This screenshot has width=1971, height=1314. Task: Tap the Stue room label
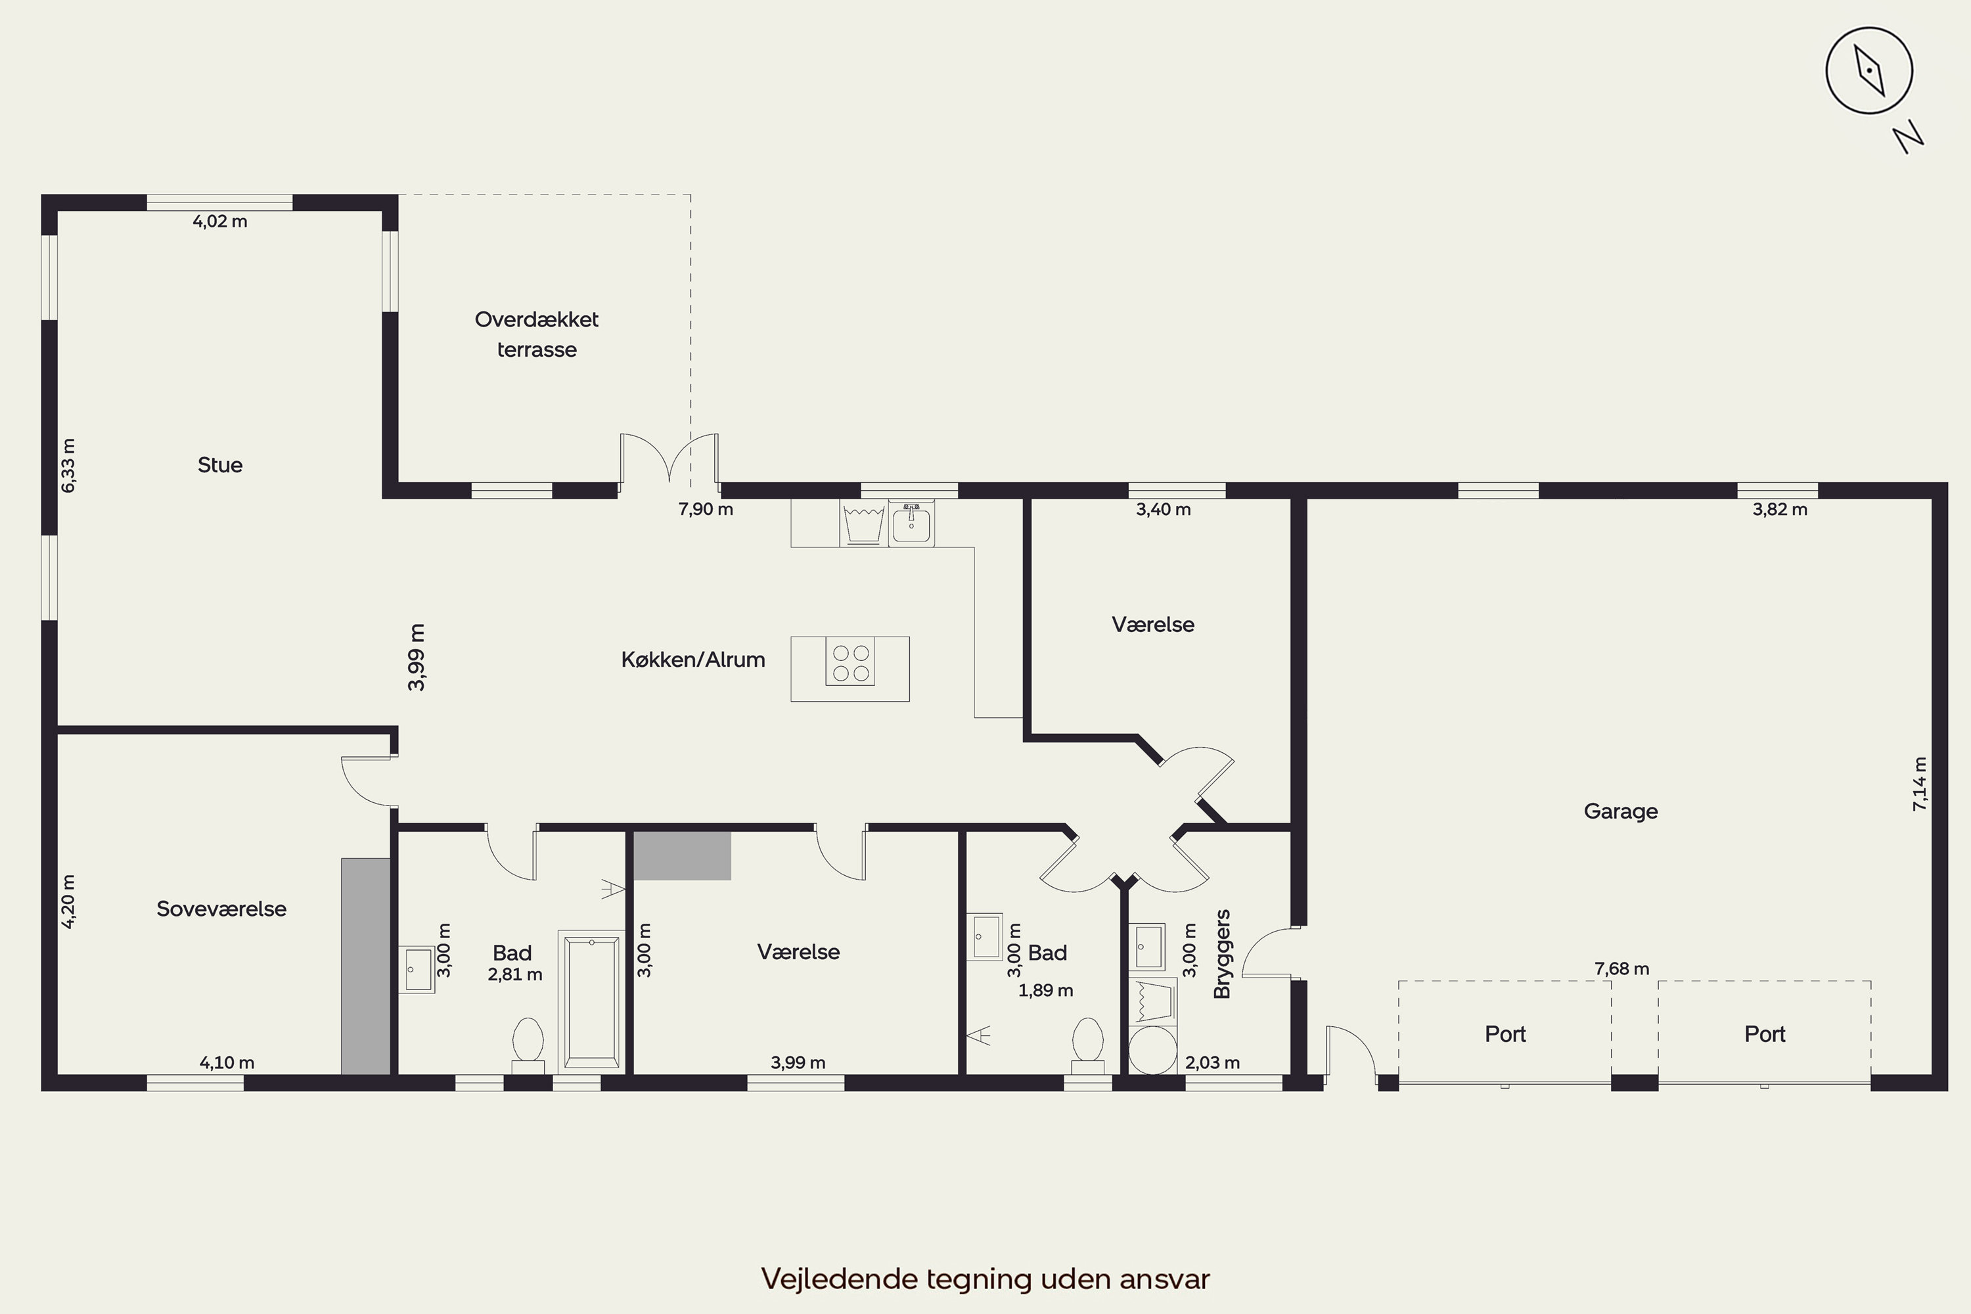click(x=219, y=465)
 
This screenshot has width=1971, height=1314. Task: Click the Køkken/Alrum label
click(x=693, y=660)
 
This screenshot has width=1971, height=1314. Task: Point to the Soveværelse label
click(x=221, y=909)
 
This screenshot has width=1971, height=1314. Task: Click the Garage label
click(x=1621, y=811)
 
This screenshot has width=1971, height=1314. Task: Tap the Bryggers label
click(x=1222, y=954)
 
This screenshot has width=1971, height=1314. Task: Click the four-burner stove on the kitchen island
click(x=851, y=662)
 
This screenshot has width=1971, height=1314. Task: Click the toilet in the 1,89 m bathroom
click(x=1088, y=1045)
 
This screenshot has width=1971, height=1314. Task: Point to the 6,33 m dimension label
click(x=69, y=465)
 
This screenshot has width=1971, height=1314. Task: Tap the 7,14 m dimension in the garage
click(x=1919, y=784)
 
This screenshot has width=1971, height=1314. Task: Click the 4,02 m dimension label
click(x=220, y=221)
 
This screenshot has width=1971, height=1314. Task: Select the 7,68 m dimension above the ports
click(x=1621, y=968)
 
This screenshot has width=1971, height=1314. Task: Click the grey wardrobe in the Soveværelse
click(x=365, y=966)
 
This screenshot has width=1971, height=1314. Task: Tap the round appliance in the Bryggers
click(x=1153, y=1050)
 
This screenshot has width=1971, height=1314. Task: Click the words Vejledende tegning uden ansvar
click(x=985, y=1279)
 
